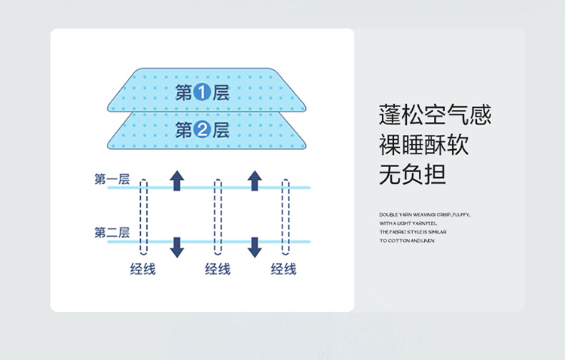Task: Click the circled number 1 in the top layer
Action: pyautogui.click(x=202, y=93)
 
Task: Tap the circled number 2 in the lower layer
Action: pyautogui.click(x=202, y=130)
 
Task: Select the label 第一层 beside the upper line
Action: pyautogui.click(x=111, y=179)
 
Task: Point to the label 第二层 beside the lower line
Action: pyautogui.click(x=111, y=233)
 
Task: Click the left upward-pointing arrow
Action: pyautogui.click(x=177, y=180)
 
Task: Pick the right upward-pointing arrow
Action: pyautogui.click(x=255, y=180)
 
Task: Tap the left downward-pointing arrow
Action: pyautogui.click(x=177, y=247)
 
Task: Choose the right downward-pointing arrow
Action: pyautogui.click(x=255, y=247)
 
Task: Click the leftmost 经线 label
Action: pyautogui.click(x=142, y=269)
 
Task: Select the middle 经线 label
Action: pyautogui.click(x=218, y=269)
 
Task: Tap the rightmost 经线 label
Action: pyautogui.click(x=283, y=269)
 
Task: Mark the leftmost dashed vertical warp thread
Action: pyautogui.click(x=143, y=218)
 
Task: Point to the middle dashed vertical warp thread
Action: pyautogui.click(x=218, y=218)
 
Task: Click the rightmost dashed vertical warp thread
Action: pyautogui.click(x=286, y=218)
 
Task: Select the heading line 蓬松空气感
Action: pyautogui.click(x=435, y=115)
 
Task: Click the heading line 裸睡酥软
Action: pyautogui.click(x=423, y=145)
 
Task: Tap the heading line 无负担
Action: pyautogui.click(x=412, y=174)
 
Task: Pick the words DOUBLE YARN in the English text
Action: pyautogui.click(x=392, y=215)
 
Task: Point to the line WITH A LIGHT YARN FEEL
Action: pyautogui.click(x=408, y=224)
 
